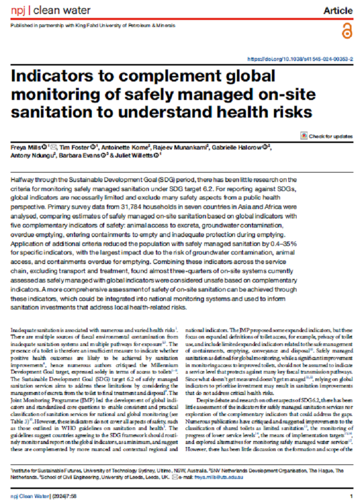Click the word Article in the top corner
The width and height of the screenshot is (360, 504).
click(x=337, y=10)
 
